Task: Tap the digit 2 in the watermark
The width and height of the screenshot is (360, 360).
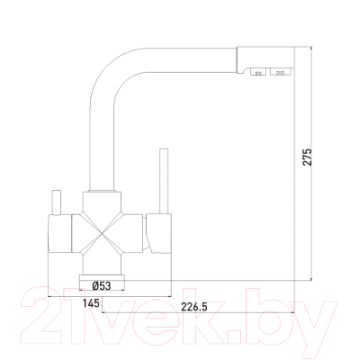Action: [x=45, y=315]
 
